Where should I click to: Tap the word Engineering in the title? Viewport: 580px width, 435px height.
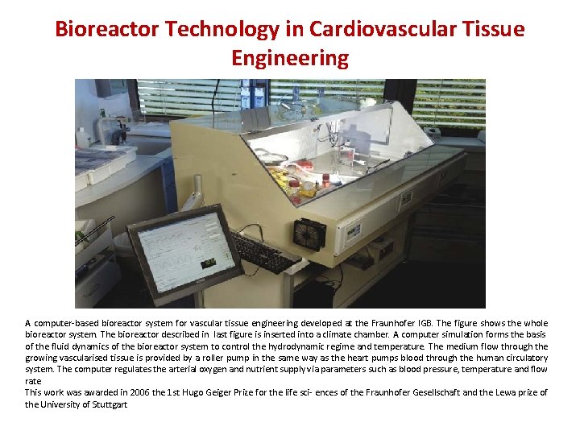coord(290,58)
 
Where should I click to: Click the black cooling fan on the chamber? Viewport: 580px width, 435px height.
coord(309,234)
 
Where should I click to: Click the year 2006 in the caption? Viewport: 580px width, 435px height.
coord(131,392)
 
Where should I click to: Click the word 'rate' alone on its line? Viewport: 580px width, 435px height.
coord(32,381)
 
